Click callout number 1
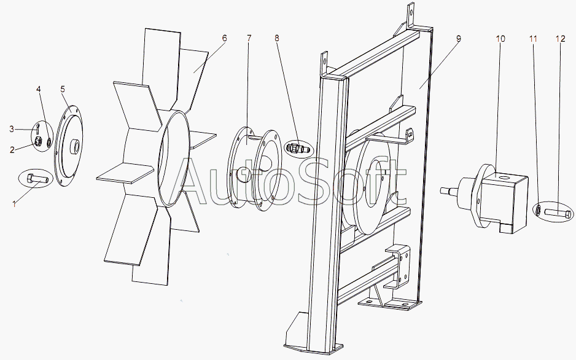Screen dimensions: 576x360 tap(14, 204)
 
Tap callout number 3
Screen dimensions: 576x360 tap(12, 129)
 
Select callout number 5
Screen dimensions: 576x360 tap(63, 89)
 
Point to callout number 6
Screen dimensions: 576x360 tap(225, 38)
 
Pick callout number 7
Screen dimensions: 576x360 tap(249, 38)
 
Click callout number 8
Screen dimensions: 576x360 tap(276, 38)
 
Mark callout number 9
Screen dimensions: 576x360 tap(458, 39)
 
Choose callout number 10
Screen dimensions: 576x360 tap(500, 39)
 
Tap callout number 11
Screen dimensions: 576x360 tap(533, 39)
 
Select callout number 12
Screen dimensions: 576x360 tap(561, 39)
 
